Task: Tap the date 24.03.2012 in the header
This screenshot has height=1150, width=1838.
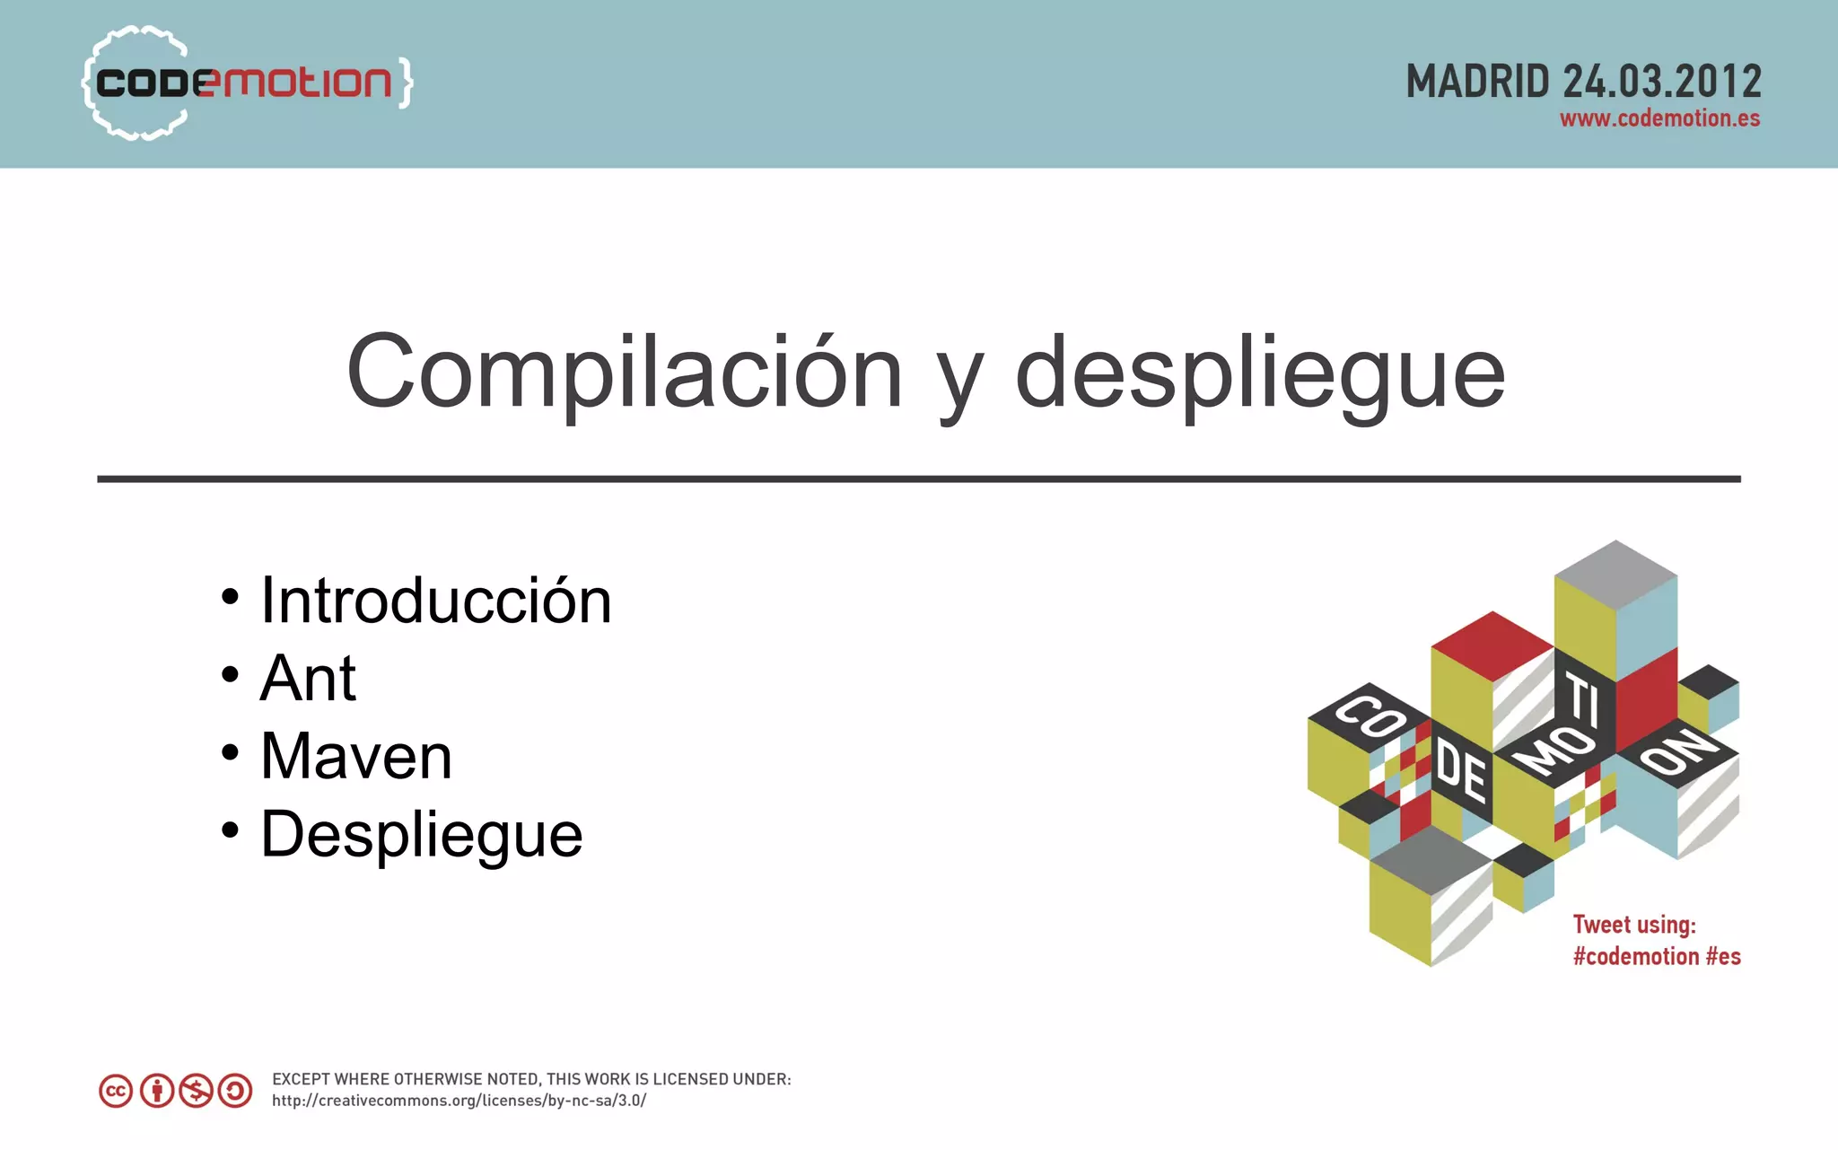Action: point(1662,83)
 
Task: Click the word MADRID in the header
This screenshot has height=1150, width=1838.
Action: point(1477,83)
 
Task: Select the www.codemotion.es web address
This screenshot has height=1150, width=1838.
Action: point(1659,119)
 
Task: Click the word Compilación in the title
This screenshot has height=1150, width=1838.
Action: point(624,372)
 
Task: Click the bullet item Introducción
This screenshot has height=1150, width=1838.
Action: point(435,600)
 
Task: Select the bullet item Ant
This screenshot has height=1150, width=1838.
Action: point(308,678)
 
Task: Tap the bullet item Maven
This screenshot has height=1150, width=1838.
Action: point(356,756)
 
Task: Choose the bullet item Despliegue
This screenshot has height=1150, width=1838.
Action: point(422,834)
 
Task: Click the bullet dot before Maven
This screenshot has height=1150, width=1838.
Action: point(231,752)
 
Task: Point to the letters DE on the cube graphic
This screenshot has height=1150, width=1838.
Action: point(1460,771)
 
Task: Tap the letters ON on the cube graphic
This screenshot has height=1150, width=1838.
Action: point(1676,749)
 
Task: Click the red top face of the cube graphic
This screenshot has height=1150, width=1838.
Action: point(1492,645)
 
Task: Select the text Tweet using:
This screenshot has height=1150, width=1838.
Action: point(1634,925)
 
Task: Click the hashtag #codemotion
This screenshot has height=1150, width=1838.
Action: point(1635,957)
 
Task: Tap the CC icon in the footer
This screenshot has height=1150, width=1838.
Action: point(116,1091)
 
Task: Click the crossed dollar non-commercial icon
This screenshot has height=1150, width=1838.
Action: point(196,1091)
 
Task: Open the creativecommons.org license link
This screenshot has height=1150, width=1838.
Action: point(459,1101)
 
